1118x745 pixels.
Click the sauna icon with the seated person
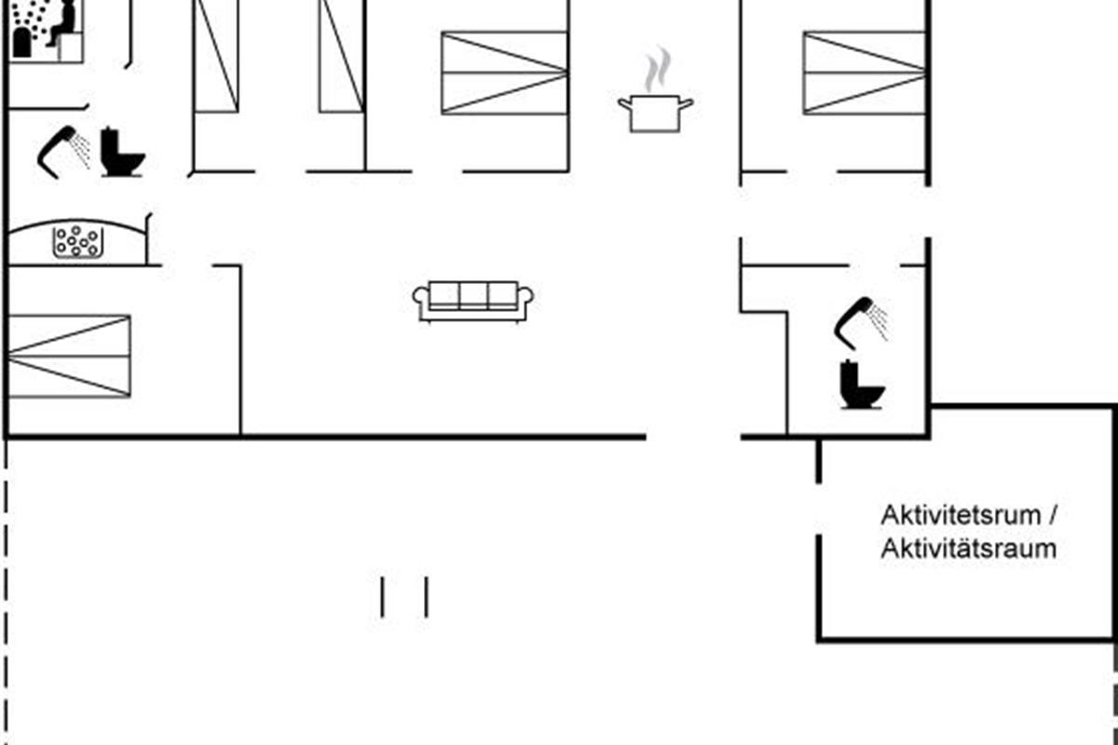click(47, 31)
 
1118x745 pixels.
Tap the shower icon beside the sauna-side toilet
click(64, 152)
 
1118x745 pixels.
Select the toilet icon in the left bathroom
click(122, 152)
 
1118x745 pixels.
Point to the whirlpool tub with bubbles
click(78, 242)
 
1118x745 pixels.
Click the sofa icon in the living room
click(472, 302)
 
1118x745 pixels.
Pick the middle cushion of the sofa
click(473, 296)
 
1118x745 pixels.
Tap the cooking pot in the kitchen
click(655, 114)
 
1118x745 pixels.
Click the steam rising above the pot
click(657, 69)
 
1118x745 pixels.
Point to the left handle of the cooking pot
click(625, 103)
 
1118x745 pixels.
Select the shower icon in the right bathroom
click(861, 323)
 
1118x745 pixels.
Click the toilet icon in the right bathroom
click(862, 385)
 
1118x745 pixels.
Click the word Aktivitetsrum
click(961, 515)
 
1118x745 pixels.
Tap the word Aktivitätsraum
click(968, 549)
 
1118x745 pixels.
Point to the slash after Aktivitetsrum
click(1053, 515)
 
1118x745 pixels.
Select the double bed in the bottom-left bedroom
click(70, 357)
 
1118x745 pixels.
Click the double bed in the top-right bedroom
click(865, 73)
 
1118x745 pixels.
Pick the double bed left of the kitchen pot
click(505, 73)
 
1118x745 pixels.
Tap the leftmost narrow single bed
click(216, 56)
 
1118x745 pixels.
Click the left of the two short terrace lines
click(382, 597)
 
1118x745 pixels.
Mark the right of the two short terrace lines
click(427, 597)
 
